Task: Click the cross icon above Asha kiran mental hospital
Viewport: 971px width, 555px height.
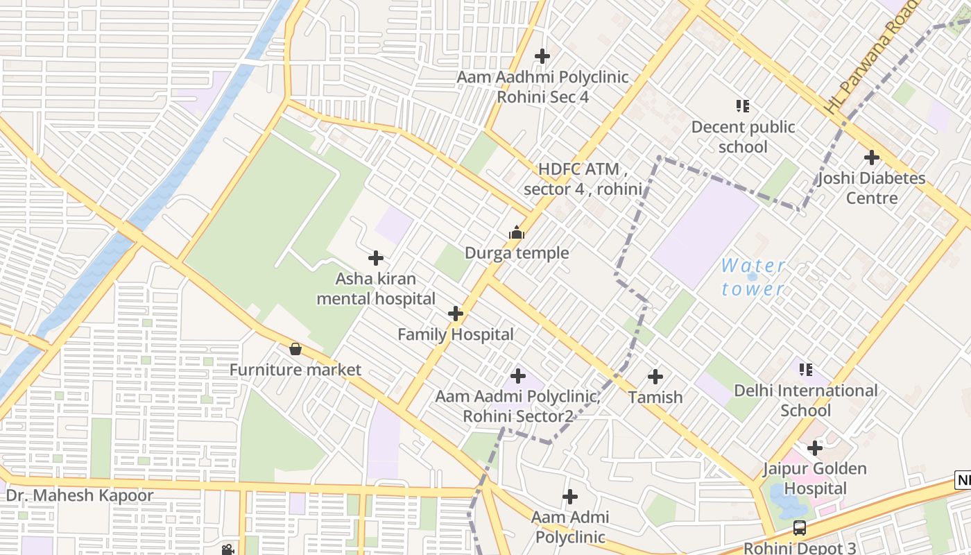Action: point(376,259)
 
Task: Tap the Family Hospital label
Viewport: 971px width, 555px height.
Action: point(456,334)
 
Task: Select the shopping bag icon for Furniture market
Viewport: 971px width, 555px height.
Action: point(295,349)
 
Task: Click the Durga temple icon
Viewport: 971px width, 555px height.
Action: point(517,233)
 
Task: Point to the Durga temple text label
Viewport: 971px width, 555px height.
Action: point(517,253)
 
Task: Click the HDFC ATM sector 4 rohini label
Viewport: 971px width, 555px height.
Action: point(583,179)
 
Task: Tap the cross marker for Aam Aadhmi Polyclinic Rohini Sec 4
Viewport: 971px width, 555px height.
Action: point(542,56)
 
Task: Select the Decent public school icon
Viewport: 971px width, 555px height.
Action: point(743,107)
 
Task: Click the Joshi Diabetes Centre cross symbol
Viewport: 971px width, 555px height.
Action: point(872,157)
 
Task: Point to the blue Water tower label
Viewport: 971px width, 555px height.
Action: point(753,277)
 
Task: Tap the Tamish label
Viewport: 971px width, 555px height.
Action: point(655,398)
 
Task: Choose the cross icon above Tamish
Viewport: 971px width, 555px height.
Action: point(655,377)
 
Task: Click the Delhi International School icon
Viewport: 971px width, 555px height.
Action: point(805,370)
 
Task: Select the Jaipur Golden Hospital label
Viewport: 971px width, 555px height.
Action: point(815,479)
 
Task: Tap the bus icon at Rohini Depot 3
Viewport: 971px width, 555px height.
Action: point(800,528)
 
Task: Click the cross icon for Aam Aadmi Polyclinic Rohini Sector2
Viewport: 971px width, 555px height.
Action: point(518,376)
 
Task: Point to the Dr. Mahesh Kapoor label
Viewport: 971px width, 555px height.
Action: point(80,496)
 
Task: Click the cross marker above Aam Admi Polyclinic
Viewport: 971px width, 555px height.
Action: point(570,497)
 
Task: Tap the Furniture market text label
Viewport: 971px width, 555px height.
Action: point(295,370)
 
